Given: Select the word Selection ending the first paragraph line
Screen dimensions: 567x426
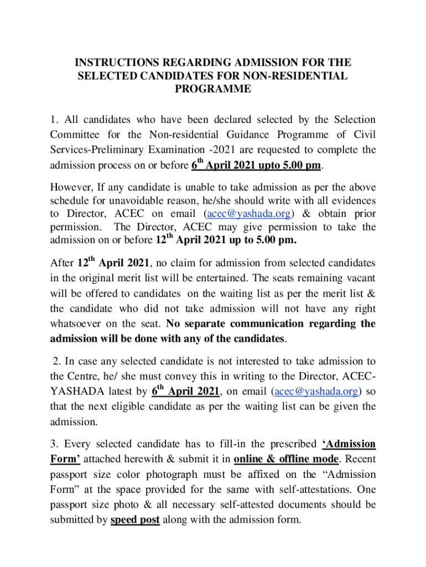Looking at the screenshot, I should coord(350,120).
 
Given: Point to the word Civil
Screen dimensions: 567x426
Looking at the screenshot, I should coord(365,135).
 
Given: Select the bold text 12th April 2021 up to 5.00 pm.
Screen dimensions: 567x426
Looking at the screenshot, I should coord(225,240).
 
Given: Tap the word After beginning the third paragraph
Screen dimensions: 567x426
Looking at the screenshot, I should coord(61,262).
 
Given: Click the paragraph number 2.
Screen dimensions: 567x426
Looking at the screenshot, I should coord(56,362).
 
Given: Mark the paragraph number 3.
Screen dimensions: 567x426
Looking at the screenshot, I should coord(54,444).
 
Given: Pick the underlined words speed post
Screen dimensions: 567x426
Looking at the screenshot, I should coord(136,520).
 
